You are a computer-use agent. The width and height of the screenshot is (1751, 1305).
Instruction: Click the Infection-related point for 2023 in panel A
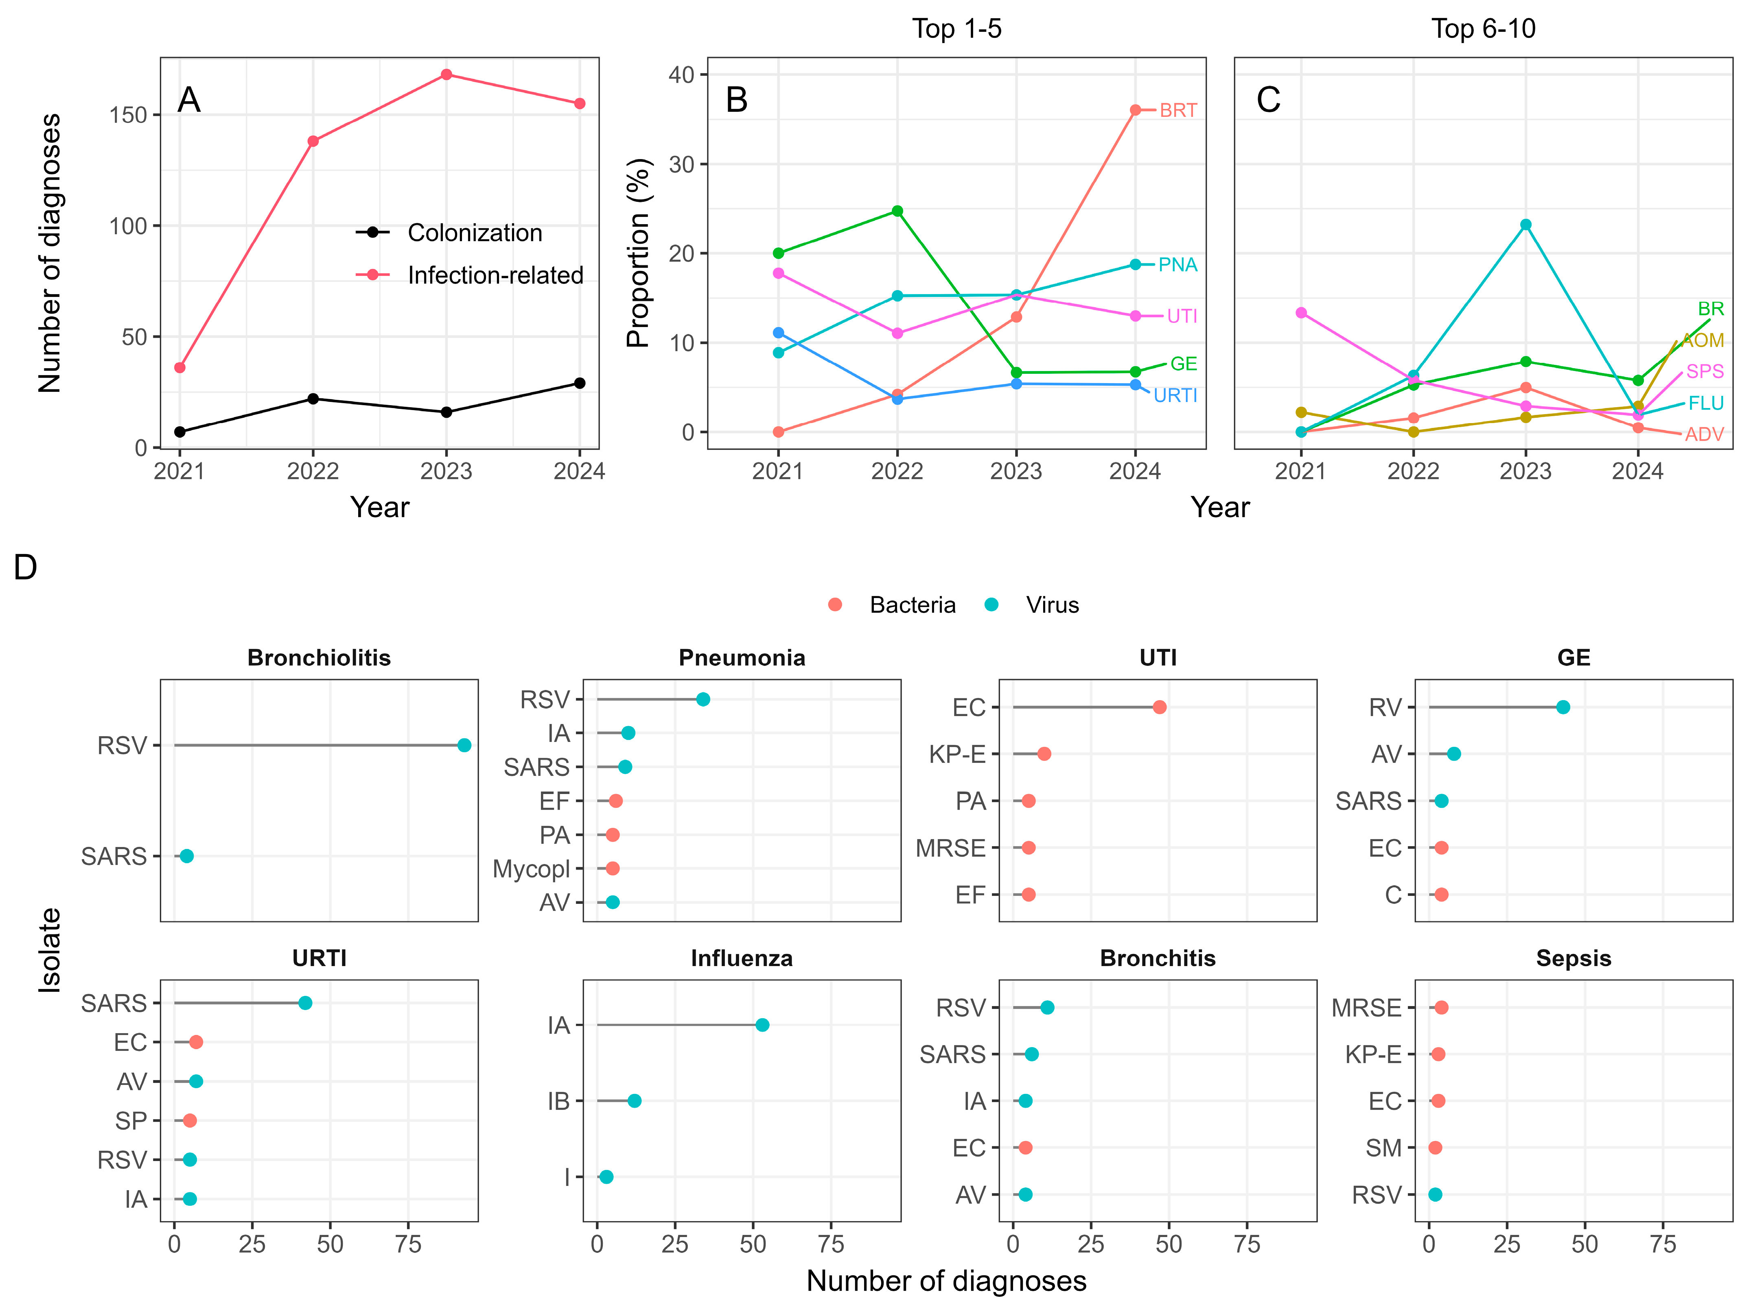click(447, 74)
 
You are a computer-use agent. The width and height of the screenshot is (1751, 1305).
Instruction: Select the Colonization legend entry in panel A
click(474, 233)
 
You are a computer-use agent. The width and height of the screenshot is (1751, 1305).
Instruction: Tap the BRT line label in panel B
click(1178, 111)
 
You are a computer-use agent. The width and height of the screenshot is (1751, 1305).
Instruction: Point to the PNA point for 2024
click(1136, 265)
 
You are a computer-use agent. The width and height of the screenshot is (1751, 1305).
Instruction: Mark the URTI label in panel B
click(1175, 396)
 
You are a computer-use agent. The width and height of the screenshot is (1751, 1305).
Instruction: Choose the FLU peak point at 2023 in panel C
click(1526, 224)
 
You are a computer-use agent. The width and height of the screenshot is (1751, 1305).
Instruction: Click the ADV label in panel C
click(1704, 434)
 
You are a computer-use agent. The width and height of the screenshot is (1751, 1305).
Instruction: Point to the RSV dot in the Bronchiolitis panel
click(465, 745)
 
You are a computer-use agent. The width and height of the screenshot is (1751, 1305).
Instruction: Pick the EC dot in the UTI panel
click(1159, 707)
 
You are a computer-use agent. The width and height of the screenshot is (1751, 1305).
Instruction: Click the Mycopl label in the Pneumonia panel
click(531, 869)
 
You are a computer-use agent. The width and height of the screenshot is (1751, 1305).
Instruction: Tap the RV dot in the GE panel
click(1563, 707)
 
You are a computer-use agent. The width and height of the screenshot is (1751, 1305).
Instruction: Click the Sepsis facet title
click(1573, 958)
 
